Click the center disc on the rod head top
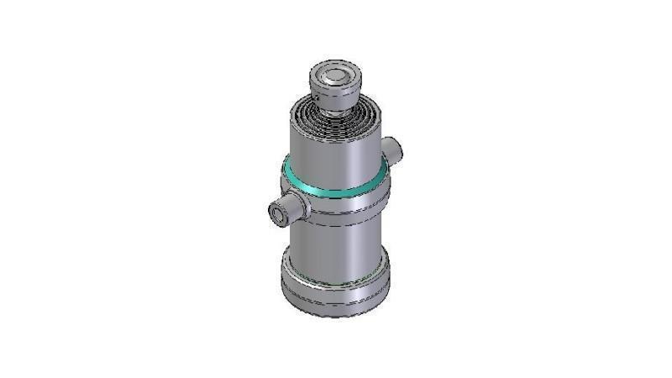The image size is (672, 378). coord(336,76)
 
